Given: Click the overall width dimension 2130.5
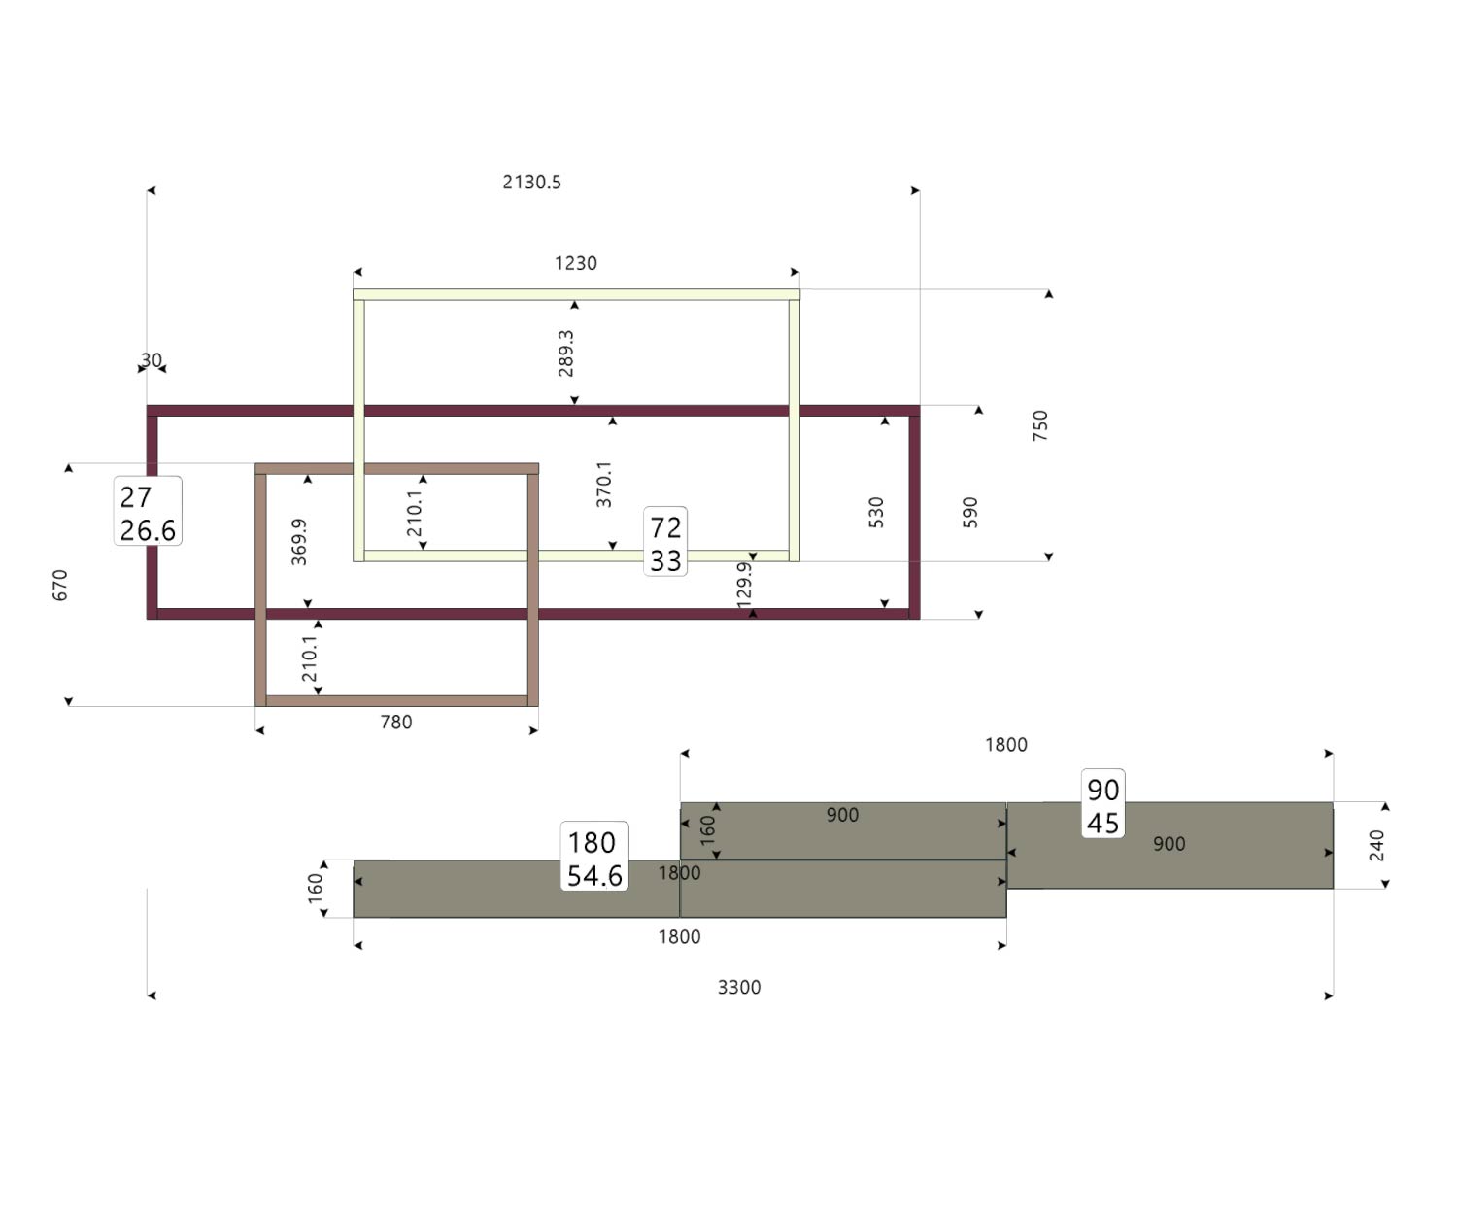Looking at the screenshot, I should pos(531,182).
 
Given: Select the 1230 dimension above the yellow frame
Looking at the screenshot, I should pos(575,263).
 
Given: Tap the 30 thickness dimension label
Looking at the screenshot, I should pos(152,360).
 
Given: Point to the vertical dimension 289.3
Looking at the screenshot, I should pos(566,353).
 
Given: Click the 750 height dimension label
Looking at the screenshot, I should pos(1040,425).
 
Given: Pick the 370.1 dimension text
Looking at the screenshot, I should pos(604,484).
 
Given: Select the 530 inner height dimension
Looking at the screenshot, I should pos(876,512).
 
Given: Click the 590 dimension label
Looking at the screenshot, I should pos(969,512).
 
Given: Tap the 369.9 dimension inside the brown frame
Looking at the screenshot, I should pos(299,541).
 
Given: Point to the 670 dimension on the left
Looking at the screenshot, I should pos(60,585).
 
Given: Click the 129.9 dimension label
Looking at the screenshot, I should pos(744,585).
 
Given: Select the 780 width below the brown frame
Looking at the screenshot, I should pos(396,722).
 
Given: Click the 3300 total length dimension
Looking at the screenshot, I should pos(739,987).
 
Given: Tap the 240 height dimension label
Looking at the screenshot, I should pos(1376,845).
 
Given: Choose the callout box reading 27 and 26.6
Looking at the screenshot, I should pos(148,512).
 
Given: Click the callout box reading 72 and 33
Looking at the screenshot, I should pos(665,542).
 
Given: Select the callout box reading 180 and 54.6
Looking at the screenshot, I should pos(594,858).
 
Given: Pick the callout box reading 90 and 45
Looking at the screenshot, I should pos(1102,804).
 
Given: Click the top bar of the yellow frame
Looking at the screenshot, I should pos(576,294).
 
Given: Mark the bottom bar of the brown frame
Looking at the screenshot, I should pos(396,700).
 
